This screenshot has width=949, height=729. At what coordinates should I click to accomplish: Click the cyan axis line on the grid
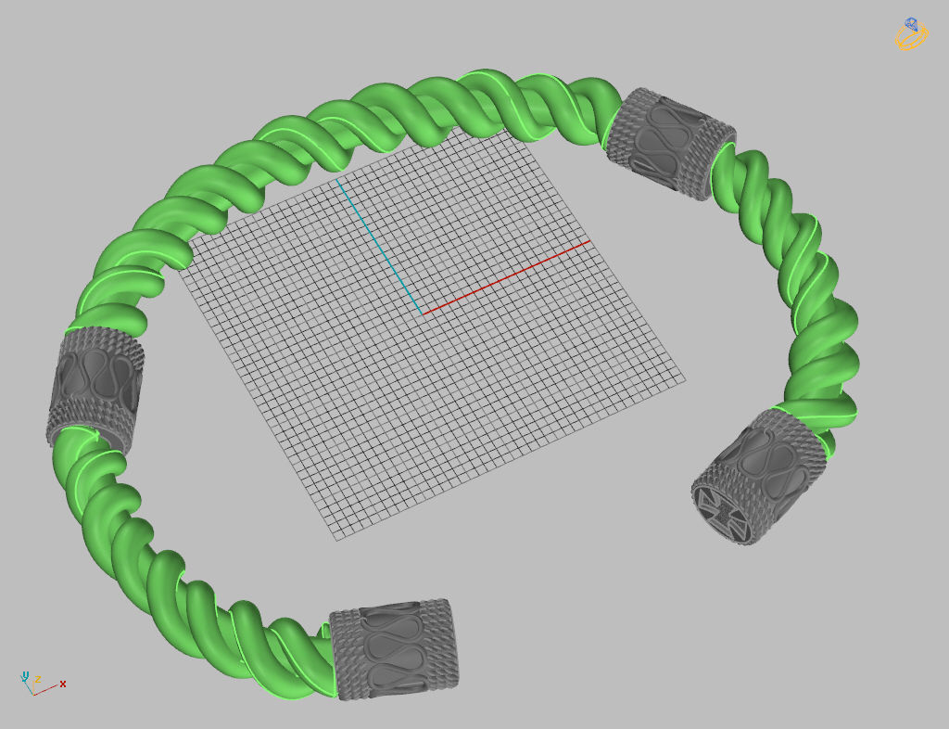pos(380,247)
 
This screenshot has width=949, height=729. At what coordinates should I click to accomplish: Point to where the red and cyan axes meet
pos(424,314)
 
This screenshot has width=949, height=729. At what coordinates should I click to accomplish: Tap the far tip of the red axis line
pos(589,242)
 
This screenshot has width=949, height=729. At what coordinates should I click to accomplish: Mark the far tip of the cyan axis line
pos(337,181)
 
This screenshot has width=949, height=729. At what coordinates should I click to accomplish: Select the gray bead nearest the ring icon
pos(670,144)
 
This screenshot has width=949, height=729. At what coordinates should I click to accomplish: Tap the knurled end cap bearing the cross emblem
pos(760,478)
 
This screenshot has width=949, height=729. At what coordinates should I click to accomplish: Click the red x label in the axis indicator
pos(63,684)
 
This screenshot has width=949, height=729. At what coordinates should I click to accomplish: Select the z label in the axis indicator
pos(26,674)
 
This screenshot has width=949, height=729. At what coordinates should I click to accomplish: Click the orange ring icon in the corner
pos(911,35)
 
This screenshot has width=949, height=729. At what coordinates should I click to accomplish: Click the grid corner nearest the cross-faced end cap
pos(685,379)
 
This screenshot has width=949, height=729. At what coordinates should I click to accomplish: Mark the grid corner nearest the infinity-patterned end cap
pos(335,537)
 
